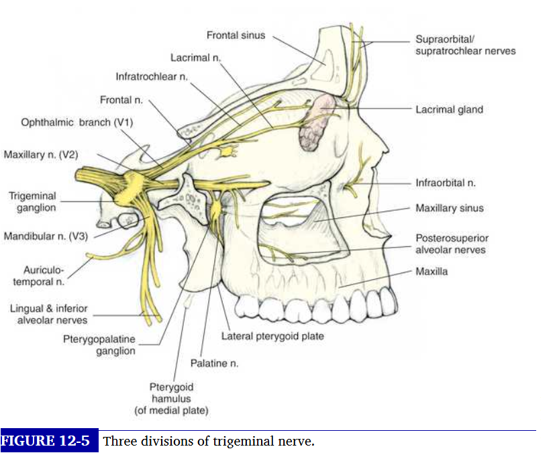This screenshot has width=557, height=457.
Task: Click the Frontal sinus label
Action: (236, 35)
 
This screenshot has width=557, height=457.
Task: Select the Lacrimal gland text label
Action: (449, 109)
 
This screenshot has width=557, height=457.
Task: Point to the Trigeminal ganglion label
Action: (32, 202)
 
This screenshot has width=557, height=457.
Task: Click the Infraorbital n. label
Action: (445, 182)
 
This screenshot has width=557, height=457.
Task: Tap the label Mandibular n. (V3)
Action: (46, 236)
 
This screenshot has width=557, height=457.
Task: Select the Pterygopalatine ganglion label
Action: (99, 345)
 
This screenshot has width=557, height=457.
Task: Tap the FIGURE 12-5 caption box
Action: (49, 442)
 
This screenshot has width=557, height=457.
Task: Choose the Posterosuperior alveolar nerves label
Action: (450, 244)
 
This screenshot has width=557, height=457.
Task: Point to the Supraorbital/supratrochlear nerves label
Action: (465, 46)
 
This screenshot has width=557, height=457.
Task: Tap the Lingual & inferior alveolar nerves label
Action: (48, 314)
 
